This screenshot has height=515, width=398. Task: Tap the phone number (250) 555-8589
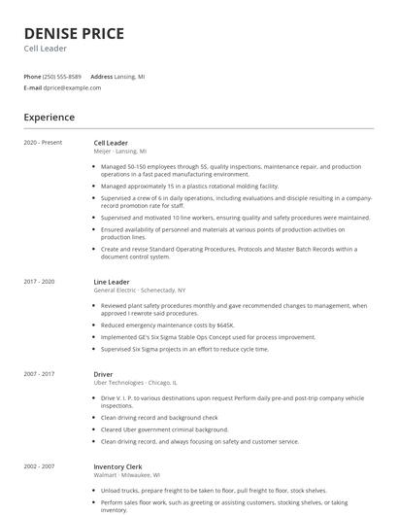(63, 76)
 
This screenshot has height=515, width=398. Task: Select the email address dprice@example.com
(72, 87)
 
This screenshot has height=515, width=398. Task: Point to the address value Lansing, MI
(131, 76)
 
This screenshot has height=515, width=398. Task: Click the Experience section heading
(50, 118)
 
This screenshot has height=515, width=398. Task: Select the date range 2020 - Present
(43, 143)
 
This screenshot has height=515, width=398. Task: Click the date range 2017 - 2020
(40, 282)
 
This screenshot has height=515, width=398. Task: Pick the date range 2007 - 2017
(40, 373)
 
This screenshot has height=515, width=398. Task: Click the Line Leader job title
(111, 282)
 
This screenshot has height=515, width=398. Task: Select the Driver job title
(104, 373)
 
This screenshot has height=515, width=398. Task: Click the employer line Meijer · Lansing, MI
(120, 152)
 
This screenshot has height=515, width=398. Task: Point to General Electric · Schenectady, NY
(139, 291)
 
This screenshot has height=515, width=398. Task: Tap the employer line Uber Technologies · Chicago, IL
(135, 382)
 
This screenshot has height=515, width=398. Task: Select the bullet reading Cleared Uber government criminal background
(165, 429)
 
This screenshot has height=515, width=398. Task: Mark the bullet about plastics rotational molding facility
(189, 186)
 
